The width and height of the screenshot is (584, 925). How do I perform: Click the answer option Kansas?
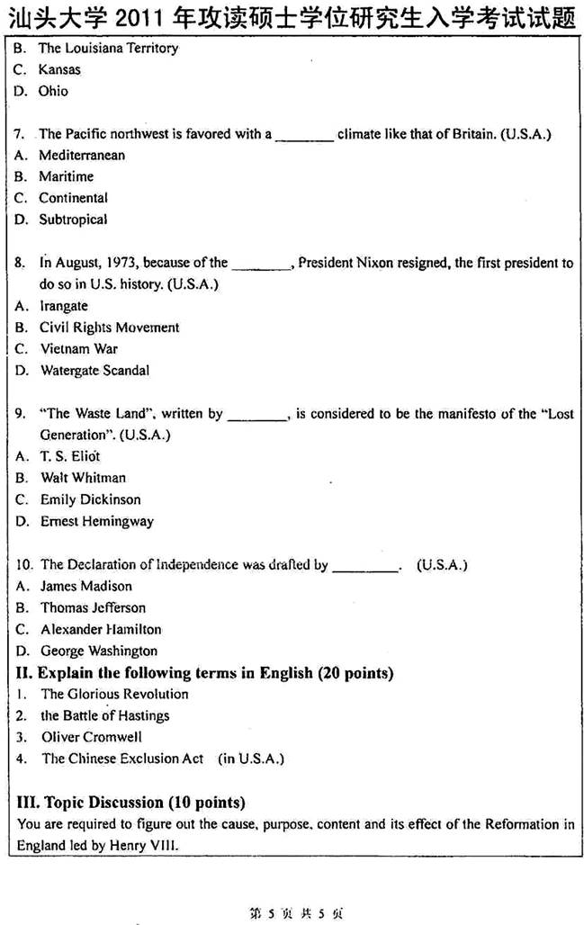click(x=58, y=69)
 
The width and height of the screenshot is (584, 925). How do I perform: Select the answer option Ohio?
click(x=53, y=91)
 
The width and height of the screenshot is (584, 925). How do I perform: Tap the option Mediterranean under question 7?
click(x=81, y=155)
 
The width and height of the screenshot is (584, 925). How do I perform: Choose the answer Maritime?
click(x=66, y=176)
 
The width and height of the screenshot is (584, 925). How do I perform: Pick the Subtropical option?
click(x=72, y=220)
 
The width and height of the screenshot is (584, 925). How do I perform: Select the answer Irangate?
click(x=63, y=306)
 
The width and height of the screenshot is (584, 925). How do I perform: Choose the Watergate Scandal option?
click(x=94, y=371)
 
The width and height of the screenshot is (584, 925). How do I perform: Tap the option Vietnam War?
click(x=78, y=349)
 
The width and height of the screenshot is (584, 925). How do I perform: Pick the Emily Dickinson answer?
click(x=90, y=499)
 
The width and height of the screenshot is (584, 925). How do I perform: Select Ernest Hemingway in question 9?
click(x=96, y=521)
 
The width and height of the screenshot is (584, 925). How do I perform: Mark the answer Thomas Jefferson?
click(x=93, y=607)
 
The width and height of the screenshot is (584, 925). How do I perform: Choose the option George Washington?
click(x=98, y=651)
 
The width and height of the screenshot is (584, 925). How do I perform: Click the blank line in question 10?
click(x=365, y=568)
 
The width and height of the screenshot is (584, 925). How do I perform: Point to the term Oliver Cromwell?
click(x=92, y=737)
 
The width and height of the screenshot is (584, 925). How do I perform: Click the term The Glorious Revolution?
click(x=114, y=694)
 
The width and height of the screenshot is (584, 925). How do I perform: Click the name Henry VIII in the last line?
click(x=154, y=845)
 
